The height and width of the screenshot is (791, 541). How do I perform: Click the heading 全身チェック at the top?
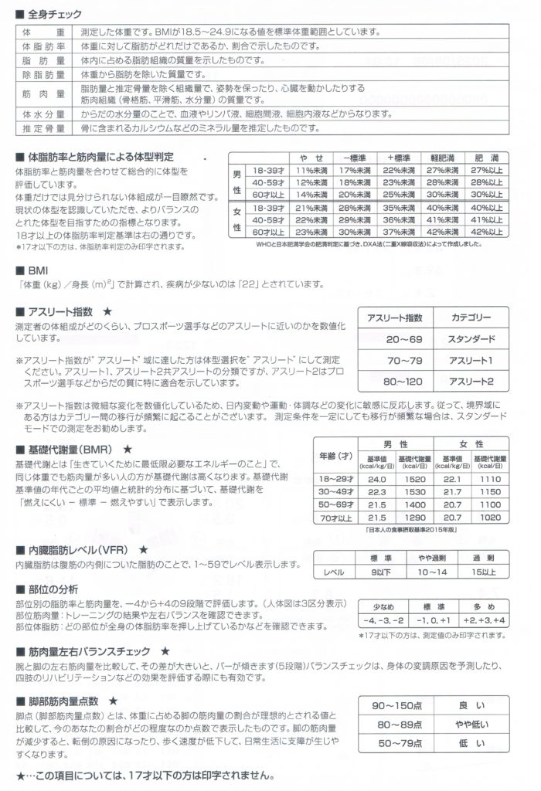pos(55,14)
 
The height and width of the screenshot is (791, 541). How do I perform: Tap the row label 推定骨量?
pos(43,127)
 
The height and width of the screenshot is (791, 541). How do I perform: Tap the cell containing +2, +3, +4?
pos(484,620)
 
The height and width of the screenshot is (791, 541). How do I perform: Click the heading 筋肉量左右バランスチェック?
pos(86,651)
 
